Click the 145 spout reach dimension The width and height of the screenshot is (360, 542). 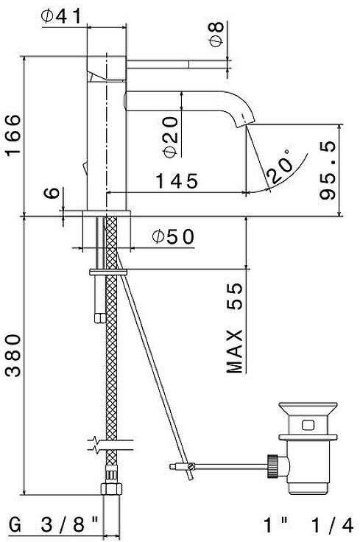[x=175, y=180]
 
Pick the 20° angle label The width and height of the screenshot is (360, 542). [x=280, y=166]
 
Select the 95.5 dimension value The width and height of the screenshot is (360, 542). [x=328, y=170]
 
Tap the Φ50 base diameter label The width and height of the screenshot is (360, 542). [x=173, y=236]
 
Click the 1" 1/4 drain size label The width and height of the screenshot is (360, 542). [x=308, y=525]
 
